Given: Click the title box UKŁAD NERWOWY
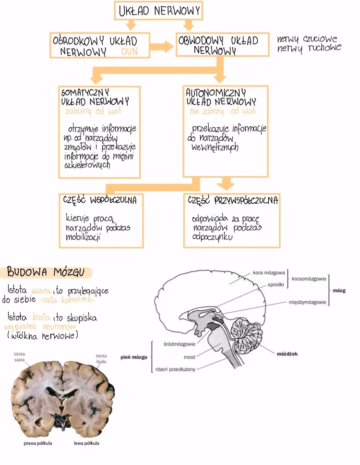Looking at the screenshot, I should click(158, 11).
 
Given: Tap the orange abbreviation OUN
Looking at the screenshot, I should click(129, 51).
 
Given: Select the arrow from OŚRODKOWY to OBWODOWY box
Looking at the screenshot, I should click(162, 47).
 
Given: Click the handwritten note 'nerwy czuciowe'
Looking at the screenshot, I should click(307, 39).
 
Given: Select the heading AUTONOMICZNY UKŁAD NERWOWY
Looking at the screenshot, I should click(221, 97).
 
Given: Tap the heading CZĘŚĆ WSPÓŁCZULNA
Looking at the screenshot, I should click(99, 200).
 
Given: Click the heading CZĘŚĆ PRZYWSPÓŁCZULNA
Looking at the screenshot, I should click(233, 200).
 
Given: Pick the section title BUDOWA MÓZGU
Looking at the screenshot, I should click(46, 273).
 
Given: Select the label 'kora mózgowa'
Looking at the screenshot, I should click(269, 273).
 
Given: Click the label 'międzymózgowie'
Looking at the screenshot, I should click(308, 303).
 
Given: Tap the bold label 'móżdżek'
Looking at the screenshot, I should click(287, 354).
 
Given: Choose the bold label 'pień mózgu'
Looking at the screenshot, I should click(134, 357).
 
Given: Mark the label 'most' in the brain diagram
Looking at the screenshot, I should click(189, 357).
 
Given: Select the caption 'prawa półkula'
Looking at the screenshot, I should click(38, 443).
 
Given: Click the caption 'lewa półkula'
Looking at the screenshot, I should click(86, 443).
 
